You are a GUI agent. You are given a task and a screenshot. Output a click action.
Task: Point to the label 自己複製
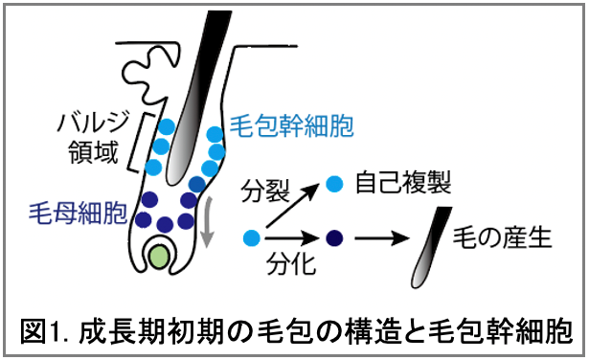pyautogui.click(x=402, y=182)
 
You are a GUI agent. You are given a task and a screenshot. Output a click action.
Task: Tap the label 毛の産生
pyautogui.click(x=504, y=236)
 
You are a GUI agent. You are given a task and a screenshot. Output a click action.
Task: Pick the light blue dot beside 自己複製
pyautogui.click(x=335, y=183)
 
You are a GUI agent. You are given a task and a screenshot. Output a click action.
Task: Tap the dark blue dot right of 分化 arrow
pyautogui.click(x=335, y=236)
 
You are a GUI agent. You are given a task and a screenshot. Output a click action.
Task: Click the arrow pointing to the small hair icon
pyautogui.click(x=383, y=236)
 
